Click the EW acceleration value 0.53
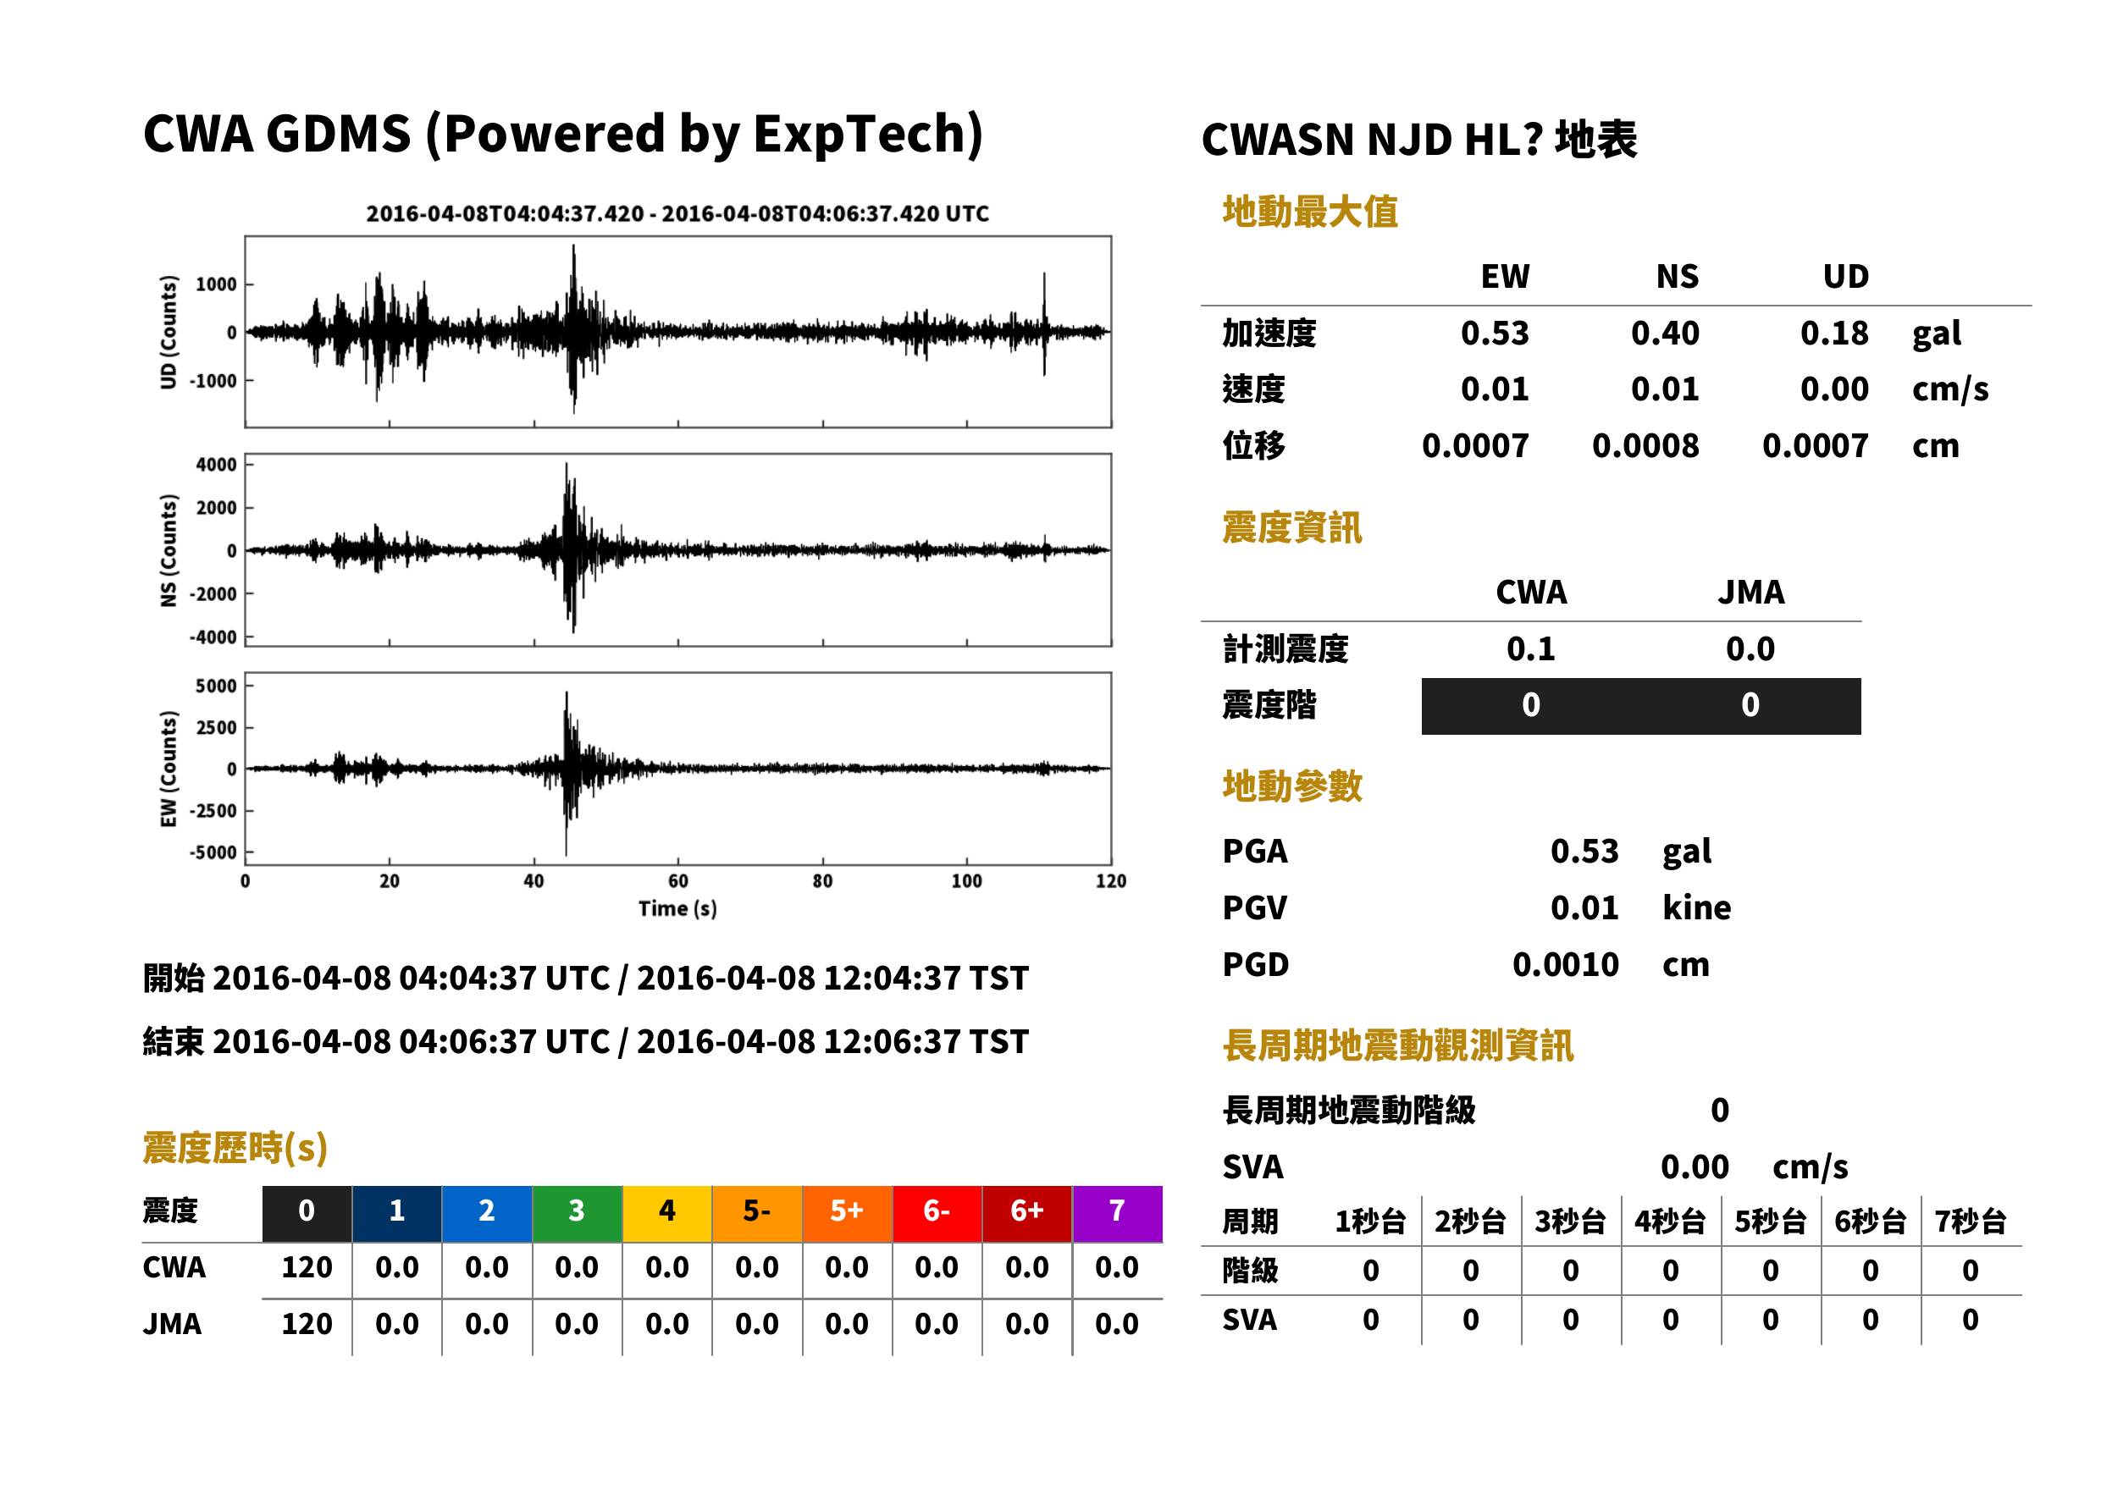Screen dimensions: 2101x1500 coord(1494,334)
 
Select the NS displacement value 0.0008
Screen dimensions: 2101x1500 coord(1645,446)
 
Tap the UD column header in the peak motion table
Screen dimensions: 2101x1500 coord(1845,276)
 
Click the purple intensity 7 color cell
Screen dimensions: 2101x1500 coord(1117,1213)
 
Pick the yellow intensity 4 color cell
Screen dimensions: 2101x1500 coord(667,1213)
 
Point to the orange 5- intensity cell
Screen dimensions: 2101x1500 coord(757,1213)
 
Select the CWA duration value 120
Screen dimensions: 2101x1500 coord(307,1267)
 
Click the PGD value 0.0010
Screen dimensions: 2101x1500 coord(1565,965)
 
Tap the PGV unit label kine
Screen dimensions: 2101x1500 coord(1696,908)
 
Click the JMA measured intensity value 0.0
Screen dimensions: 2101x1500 coord(1750,649)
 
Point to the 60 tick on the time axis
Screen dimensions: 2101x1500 coord(678,881)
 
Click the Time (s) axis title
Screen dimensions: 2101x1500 coord(677,909)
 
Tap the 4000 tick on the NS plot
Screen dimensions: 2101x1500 coord(216,465)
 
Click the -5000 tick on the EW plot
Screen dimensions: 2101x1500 coord(213,852)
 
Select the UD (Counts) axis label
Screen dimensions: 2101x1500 coord(169,332)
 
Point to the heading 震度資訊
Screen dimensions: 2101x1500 coord(1291,528)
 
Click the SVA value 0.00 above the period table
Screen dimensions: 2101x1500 coord(1695,1167)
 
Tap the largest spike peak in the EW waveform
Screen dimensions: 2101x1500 coord(567,692)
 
